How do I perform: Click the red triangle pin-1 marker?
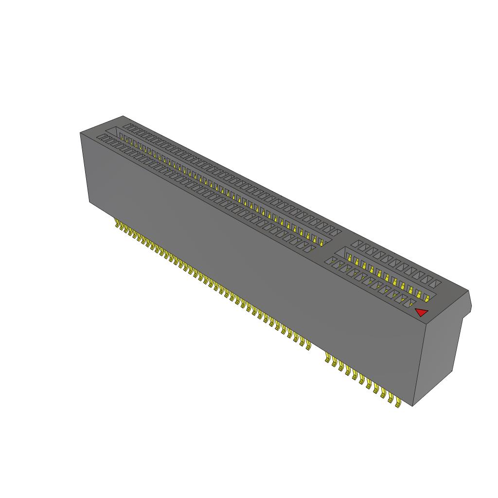pyautogui.click(x=421, y=312)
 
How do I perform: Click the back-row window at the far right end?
pyautogui.click(x=436, y=282)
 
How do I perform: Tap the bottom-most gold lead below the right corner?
pyautogui.click(x=398, y=403)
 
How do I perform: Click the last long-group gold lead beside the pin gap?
pyautogui.click(x=308, y=345)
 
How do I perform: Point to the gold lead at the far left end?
pyautogui.click(x=117, y=223)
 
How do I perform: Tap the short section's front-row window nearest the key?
pyautogui.click(x=332, y=262)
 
